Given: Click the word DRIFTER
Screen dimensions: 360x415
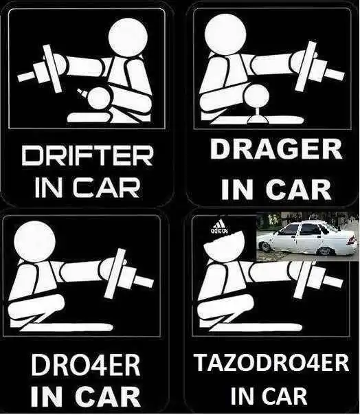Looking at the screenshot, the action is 87,156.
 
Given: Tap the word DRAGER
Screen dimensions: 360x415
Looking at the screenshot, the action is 276,150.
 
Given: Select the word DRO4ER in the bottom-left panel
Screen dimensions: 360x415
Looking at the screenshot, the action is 86,366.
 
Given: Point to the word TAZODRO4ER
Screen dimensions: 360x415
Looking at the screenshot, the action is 271,363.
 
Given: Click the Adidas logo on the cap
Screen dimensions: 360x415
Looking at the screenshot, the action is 220,227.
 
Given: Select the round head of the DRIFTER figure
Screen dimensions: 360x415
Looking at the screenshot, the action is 128,37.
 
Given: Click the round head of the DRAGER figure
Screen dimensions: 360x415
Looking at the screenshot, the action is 225,33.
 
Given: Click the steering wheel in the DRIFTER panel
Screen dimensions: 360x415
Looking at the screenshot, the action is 53,69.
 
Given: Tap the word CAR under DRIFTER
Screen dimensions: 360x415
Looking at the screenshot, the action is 106,188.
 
